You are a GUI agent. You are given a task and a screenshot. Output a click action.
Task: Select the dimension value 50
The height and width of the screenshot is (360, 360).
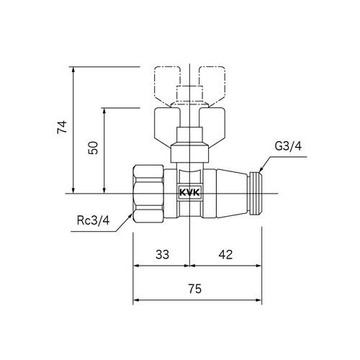click(92, 149)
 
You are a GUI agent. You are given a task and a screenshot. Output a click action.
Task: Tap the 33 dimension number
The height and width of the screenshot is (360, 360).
click(162, 254)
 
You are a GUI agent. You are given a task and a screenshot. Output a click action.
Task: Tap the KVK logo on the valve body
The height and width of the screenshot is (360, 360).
click(189, 193)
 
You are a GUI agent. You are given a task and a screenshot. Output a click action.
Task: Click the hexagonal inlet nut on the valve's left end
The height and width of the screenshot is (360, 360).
click(148, 193)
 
